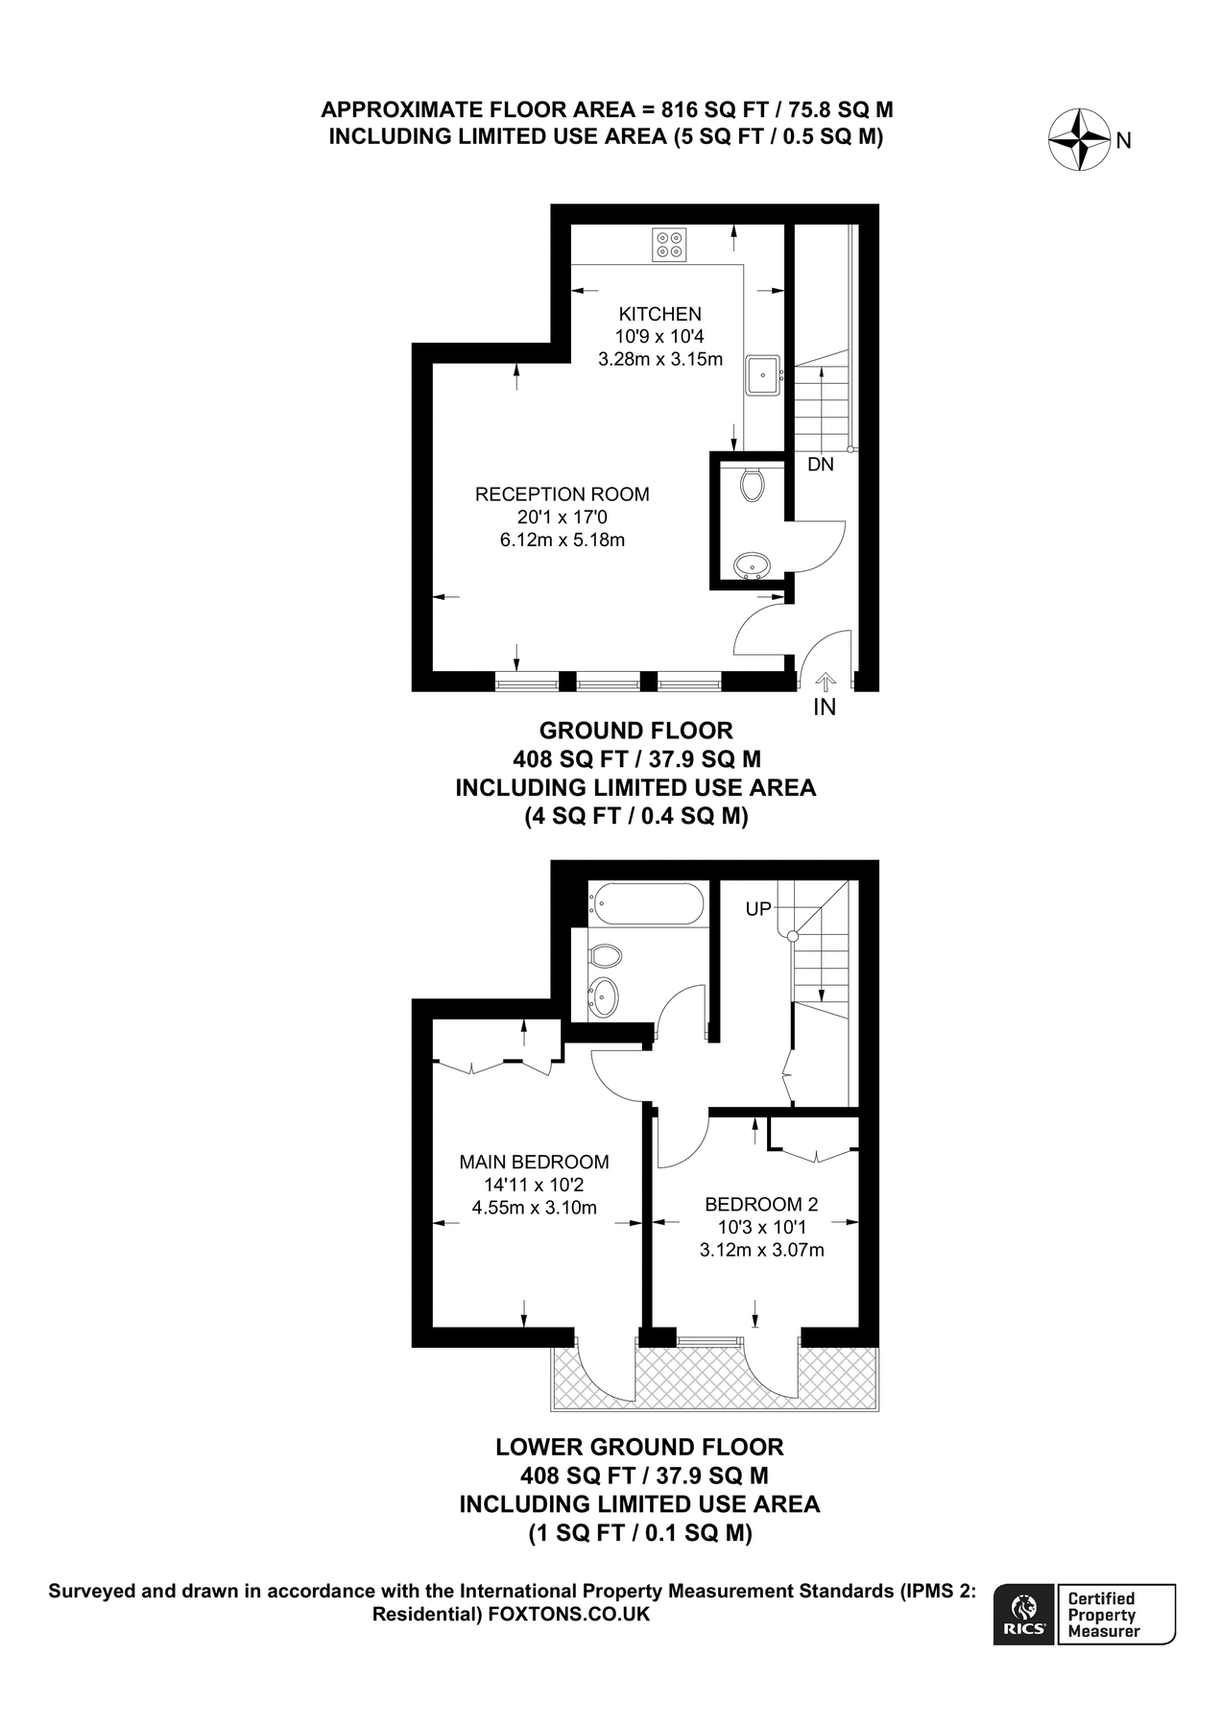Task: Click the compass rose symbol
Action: pos(1079,140)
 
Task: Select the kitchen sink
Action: pos(763,374)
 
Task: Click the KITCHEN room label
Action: pos(659,314)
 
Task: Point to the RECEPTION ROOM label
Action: pos(563,494)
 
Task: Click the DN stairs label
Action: pos(820,465)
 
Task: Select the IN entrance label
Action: pos(825,708)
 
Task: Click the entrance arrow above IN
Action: pos(825,681)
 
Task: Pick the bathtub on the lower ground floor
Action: pos(647,903)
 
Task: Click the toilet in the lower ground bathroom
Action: pos(604,956)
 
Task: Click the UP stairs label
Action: pos(758,908)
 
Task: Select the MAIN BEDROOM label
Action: pos(534,1162)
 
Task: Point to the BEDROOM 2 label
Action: pos(761,1204)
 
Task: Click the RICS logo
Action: pos(1024,1615)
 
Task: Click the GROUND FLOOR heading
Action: pos(635,731)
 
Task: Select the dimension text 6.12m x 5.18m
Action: pos(563,540)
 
